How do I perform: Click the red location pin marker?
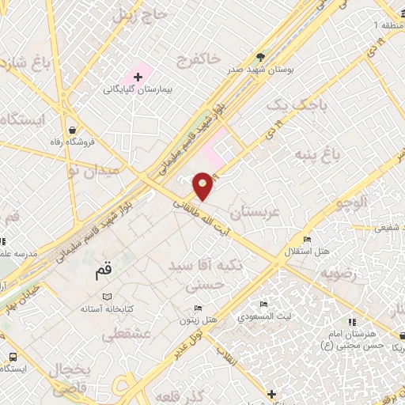click(203, 185)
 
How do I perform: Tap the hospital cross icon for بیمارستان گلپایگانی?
click(138, 78)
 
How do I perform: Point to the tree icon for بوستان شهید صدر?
click(261, 57)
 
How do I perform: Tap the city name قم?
click(104, 270)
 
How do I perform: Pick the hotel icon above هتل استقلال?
click(308, 240)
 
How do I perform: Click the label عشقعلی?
click(126, 335)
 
